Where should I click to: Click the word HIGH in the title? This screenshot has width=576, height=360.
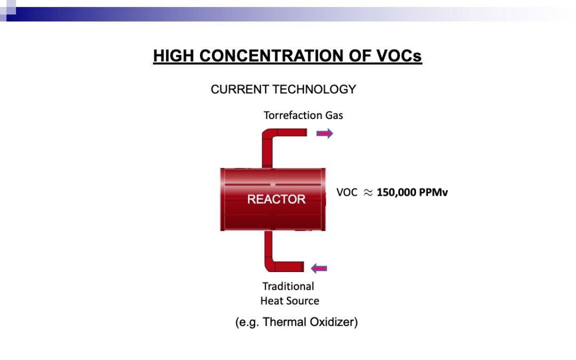[x=173, y=56]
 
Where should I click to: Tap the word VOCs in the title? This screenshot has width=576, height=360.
[x=399, y=56]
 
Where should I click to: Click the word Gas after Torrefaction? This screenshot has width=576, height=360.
[x=334, y=115]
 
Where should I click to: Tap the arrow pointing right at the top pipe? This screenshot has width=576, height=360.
[x=325, y=133]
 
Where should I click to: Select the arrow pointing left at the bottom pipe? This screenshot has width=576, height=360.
[x=319, y=268]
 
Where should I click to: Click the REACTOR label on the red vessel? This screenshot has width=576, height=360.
[x=276, y=199]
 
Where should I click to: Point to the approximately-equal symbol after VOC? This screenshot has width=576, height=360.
[x=367, y=193]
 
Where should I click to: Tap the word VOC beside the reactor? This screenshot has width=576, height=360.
[x=347, y=193]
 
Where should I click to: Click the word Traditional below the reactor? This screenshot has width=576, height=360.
[x=288, y=286]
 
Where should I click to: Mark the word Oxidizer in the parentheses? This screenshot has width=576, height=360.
[x=333, y=322]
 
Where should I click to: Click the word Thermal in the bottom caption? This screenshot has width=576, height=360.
[x=284, y=322]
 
